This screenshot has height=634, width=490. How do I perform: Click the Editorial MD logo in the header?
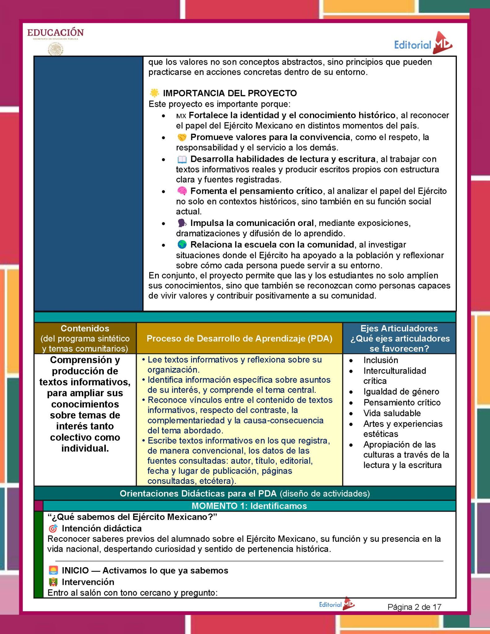(x=423, y=44)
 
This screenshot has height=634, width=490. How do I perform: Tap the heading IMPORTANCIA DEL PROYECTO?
(x=230, y=93)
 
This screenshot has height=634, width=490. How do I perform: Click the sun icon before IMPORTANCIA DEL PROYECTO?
(x=154, y=93)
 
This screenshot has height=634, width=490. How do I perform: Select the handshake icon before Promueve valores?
(x=182, y=137)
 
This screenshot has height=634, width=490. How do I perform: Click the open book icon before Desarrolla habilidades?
(x=182, y=159)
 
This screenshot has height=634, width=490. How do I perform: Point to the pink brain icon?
(x=182, y=191)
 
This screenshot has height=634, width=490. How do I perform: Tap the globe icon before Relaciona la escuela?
(x=182, y=245)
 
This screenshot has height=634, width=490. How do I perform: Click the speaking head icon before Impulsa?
(x=182, y=223)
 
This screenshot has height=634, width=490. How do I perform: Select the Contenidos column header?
(x=85, y=338)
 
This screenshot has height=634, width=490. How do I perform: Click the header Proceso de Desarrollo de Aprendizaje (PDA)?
(x=239, y=338)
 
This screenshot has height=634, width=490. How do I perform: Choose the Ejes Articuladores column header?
(x=399, y=338)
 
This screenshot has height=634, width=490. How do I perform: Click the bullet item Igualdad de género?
(x=401, y=392)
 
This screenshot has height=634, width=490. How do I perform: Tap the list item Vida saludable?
(x=392, y=413)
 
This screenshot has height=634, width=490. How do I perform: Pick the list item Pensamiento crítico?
(x=402, y=402)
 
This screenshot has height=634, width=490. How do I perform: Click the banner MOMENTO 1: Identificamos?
(x=249, y=506)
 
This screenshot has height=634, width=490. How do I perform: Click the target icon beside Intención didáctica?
(x=53, y=528)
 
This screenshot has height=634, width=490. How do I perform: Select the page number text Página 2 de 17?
(x=414, y=607)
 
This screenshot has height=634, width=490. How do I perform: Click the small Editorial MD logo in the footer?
(x=337, y=604)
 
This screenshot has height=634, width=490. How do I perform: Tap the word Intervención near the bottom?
(x=88, y=582)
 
